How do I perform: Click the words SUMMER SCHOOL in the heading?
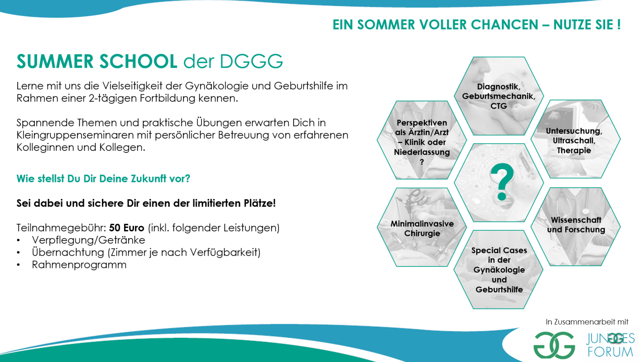[x=97, y=61]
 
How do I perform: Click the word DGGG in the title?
[x=251, y=61]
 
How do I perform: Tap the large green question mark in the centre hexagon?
[x=502, y=182]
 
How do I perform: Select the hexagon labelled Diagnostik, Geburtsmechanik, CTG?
[x=499, y=96]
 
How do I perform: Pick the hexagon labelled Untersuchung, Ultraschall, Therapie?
[x=575, y=139]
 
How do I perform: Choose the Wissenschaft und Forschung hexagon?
[x=575, y=227]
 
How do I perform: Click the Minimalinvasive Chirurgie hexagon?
[x=422, y=227]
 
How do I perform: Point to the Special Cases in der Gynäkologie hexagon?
[x=498, y=269]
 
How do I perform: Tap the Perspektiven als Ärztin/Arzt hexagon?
[x=422, y=140]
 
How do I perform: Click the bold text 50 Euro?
[x=126, y=228]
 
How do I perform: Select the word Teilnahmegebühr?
[x=61, y=228]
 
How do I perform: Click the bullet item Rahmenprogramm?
[x=79, y=264]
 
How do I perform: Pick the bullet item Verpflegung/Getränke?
[x=88, y=240]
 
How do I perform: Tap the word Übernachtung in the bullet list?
[x=68, y=252]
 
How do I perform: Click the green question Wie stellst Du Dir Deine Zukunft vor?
[x=103, y=178]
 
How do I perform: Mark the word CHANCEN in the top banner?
[x=504, y=25]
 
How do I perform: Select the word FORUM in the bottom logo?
[x=610, y=352]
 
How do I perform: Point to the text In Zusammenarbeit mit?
[x=587, y=322]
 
